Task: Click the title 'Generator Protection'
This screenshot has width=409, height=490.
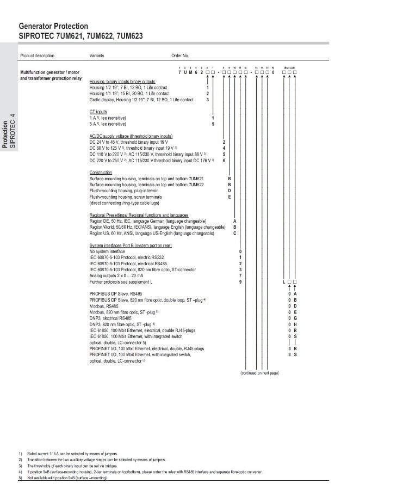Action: click(53, 26)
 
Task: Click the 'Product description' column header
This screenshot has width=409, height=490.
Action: click(37, 56)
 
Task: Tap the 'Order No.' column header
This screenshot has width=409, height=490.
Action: click(180, 56)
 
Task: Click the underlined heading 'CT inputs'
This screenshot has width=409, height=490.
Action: click(98, 112)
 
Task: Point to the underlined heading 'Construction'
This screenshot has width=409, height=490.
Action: click(101, 173)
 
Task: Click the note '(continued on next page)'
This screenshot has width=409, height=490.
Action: click(259, 372)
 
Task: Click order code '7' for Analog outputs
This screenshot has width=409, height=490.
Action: click(240, 275)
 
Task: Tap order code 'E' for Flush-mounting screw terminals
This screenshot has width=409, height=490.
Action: click(229, 197)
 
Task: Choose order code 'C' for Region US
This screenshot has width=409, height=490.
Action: click(234, 233)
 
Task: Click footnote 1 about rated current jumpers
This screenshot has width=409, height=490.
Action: click(69, 454)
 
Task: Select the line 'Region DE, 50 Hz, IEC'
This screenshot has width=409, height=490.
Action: click(147, 221)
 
